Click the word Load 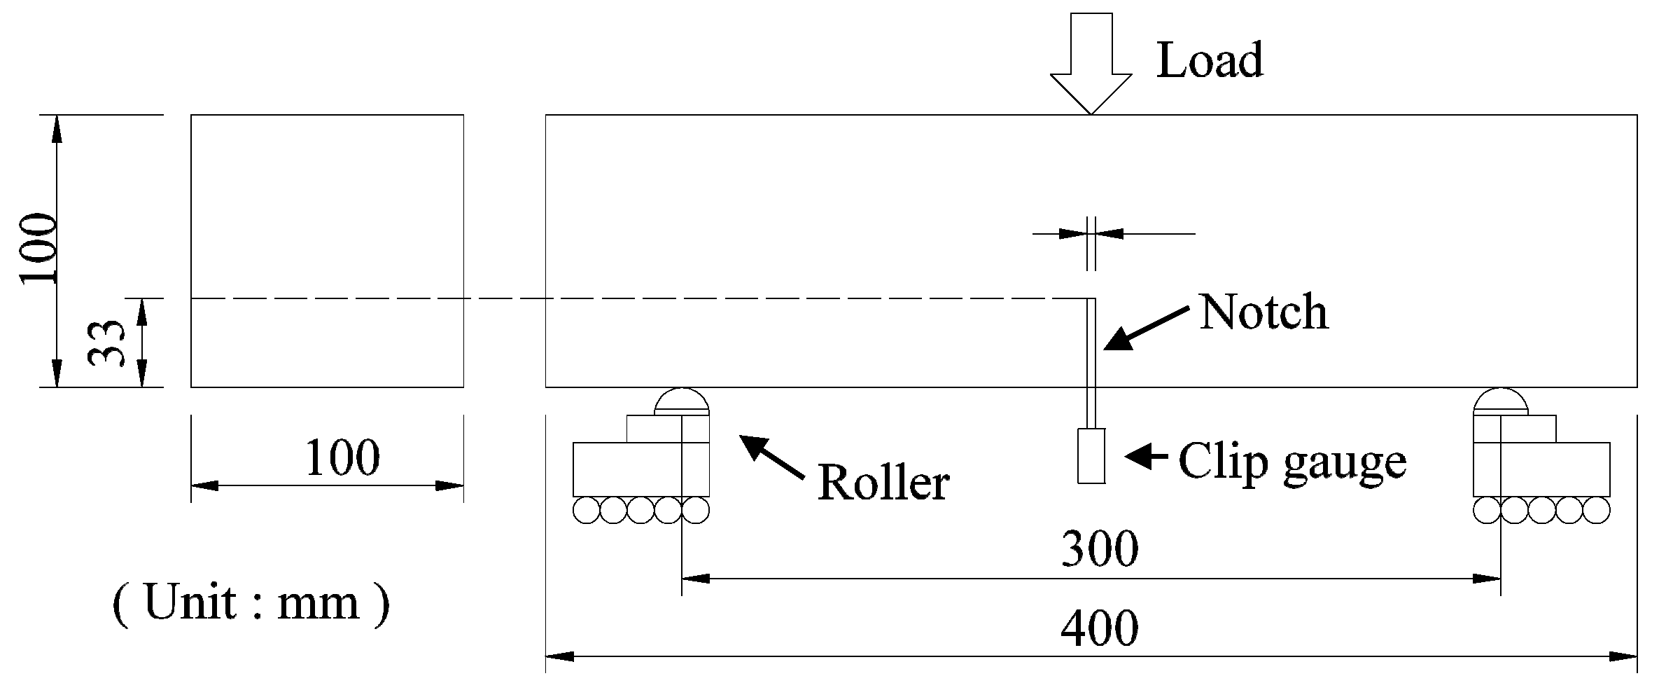tap(1209, 60)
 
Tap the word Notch tap(1263, 312)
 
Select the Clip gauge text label tap(1292, 462)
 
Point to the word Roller tap(883, 483)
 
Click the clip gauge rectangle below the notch tap(1091, 455)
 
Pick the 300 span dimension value tap(1100, 548)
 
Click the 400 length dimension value tap(1100, 628)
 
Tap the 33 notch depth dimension tap(106, 343)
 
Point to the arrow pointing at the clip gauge tap(1146, 456)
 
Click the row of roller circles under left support tap(640, 510)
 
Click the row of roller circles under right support tap(1541, 510)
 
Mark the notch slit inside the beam tap(1091, 343)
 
